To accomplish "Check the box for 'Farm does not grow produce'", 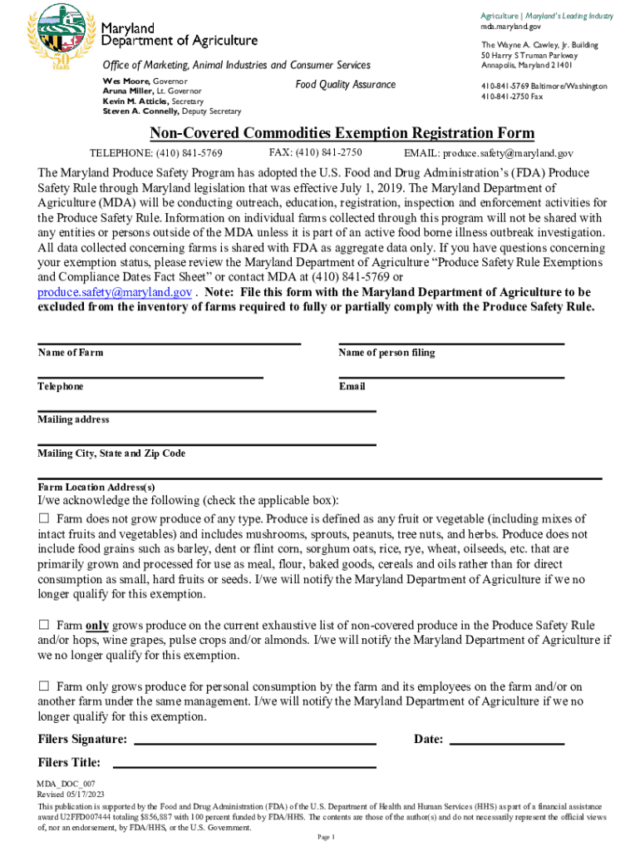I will (x=44, y=518).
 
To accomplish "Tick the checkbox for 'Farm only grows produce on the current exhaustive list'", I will (x=44, y=625).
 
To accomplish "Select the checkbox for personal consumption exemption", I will (x=44, y=686).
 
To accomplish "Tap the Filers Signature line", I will (x=255, y=742).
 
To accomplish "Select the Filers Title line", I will (x=244, y=765).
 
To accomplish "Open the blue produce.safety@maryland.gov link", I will (x=116, y=293).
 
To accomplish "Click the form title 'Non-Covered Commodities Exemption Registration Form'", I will (x=342, y=134).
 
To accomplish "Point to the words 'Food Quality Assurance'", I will (x=346, y=85).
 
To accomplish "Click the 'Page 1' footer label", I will (x=325, y=838).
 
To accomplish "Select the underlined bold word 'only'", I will (x=97, y=626).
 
